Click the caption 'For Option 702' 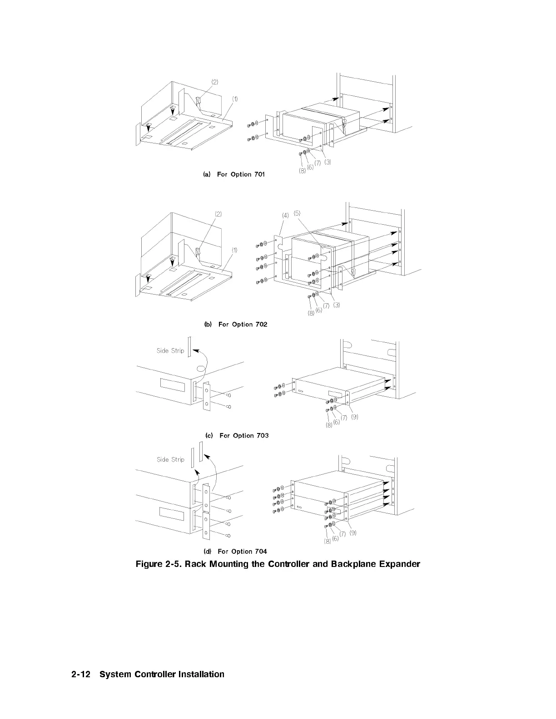click(243, 324)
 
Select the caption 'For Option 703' click(244, 435)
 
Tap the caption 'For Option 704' click(242, 552)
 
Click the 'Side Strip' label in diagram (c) click(170, 350)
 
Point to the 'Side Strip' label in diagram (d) click(170, 459)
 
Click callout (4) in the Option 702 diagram click(285, 216)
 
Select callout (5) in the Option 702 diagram click(297, 213)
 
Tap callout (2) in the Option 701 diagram click(214, 82)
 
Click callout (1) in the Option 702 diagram click(234, 250)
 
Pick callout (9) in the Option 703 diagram click(354, 417)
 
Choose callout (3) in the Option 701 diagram click(328, 163)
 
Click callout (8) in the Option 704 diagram click(327, 541)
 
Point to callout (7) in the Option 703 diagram click(344, 418)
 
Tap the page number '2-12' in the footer click(82, 675)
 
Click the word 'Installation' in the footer click(202, 675)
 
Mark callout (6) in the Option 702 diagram click(319, 310)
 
